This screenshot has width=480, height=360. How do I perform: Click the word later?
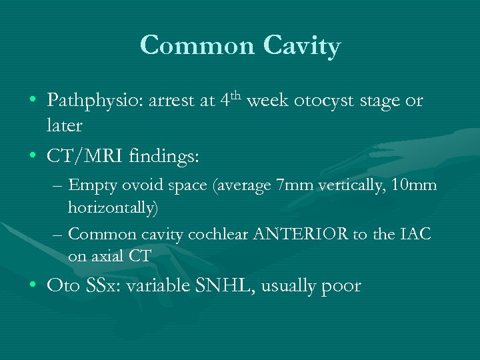pos(65,125)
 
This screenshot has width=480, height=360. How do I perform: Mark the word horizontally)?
pos(113,208)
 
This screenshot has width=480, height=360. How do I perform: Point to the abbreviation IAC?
pos(416,234)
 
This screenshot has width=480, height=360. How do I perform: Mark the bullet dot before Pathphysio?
pos(33,101)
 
